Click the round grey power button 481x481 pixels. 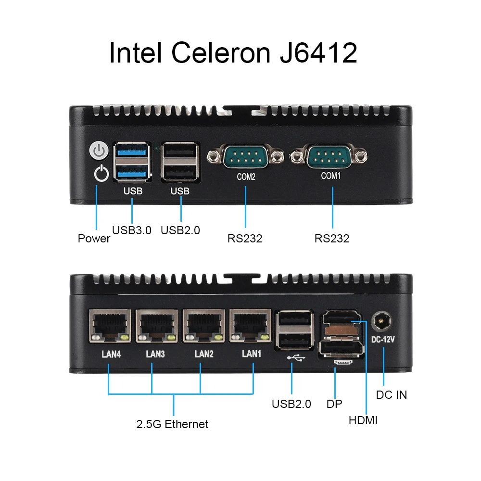[98, 151]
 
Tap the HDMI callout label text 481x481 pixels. [363, 420]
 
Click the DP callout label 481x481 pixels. [334, 404]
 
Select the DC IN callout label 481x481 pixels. [391, 395]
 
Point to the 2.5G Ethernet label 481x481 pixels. [172, 424]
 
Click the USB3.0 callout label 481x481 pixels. [132, 230]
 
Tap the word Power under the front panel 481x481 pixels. [94, 239]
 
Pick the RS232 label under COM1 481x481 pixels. [332, 239]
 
